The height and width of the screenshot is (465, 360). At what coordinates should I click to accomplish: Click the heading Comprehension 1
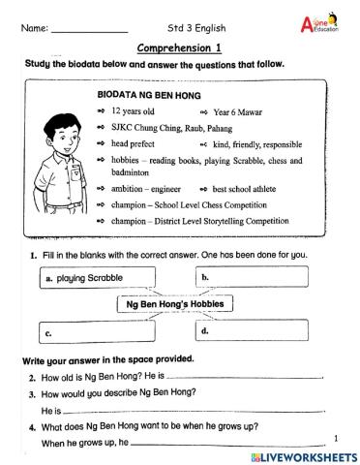[180, 47]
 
